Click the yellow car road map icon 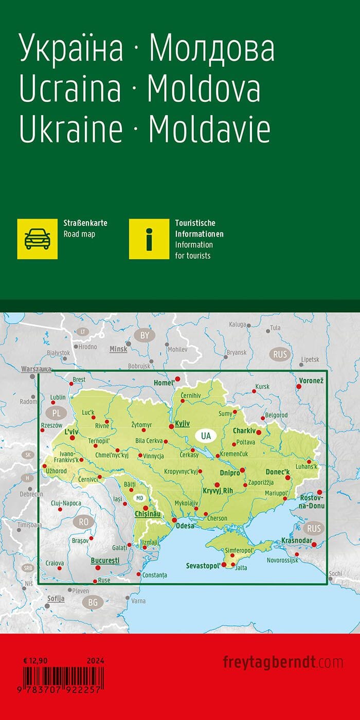pyautogui.click(x=38, y=239)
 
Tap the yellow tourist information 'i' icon pyautogui.click(x=149, y=239)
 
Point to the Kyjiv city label pyautogui.click(x=182, y=424)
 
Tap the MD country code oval pyautogui.click(x=139, y=498)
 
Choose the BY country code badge pyautogui.click(x=145, y=336)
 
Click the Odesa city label pyautogui.click(x=185, y=526)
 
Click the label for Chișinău pyautogui.click(x=148, y=514)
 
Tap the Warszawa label pyautogui.click(x=36, y=369)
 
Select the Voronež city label pyautogui.click(x=310, y=381)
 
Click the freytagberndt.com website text pyautogui.click(x=282, y=661)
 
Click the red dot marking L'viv pyautogui.click(x=72, y=438)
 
